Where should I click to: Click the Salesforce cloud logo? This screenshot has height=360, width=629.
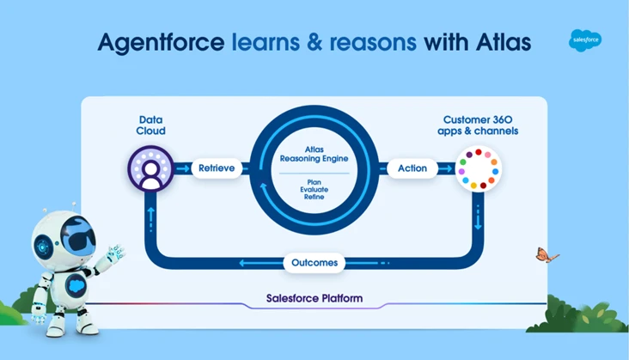[585, 40]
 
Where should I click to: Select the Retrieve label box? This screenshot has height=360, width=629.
[217, 168]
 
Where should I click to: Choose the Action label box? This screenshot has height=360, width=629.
[412, 168]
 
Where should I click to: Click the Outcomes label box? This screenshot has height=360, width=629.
[314, 262]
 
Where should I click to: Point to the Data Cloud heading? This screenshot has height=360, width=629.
[151, 125]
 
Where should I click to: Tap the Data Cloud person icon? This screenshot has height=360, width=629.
[150, 169]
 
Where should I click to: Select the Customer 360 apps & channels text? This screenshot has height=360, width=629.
[479, 125]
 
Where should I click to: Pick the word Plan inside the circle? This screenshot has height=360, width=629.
[314, 181]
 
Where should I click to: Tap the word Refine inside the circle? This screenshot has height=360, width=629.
[314, 197]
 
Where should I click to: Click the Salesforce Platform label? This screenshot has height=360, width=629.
[314, 299]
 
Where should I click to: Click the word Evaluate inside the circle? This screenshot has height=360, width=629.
[314, 189]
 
